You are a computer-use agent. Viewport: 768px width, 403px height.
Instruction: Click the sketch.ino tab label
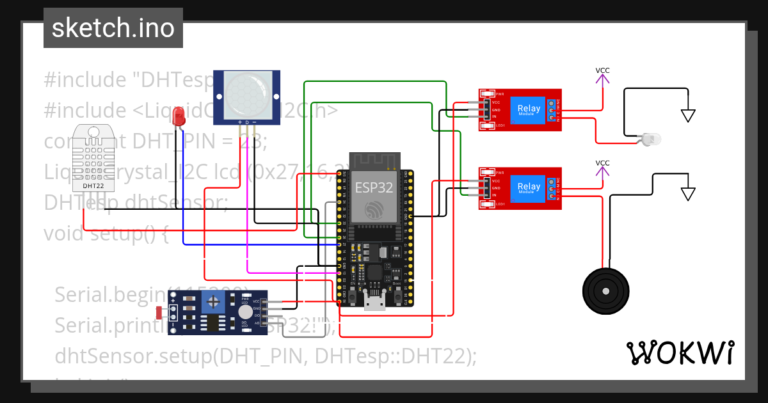tap(113, 28)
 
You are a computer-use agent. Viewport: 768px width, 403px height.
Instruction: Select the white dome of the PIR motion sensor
tap(246, 92)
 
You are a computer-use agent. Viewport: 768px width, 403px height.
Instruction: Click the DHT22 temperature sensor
tap(93, 157)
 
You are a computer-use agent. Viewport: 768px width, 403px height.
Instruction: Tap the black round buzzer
tap(605, 291)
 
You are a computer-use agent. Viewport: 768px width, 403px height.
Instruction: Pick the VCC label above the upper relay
tap(602, 70)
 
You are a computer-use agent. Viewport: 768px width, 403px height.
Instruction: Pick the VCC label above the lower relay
tap(602, 163)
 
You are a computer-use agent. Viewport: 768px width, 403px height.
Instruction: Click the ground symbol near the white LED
tap(688, 115)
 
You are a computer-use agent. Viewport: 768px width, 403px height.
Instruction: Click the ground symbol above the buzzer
tap(688, 193)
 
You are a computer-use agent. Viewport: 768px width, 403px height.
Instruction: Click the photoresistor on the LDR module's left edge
tap(159, 312)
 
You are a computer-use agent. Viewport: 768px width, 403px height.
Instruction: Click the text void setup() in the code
tap(106, 233)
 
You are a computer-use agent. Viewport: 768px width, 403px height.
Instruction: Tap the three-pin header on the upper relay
tap(486, 109)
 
